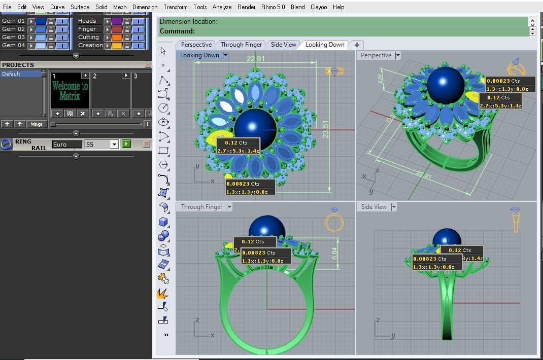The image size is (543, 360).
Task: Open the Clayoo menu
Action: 319,7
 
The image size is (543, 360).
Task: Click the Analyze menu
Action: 222,7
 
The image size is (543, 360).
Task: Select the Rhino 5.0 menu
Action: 273,7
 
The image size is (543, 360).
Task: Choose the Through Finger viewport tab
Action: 241,45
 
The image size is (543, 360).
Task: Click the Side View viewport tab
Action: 283,45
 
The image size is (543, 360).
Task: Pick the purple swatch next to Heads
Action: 117,21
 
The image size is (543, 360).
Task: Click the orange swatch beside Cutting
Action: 117,38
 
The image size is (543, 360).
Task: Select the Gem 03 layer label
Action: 13,37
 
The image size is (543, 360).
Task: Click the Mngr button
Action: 37,124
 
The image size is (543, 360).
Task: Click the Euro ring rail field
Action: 66,145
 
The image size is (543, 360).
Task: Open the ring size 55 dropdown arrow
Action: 114,145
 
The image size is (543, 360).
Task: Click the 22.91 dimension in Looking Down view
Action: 256,59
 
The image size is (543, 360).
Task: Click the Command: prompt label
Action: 177,31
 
